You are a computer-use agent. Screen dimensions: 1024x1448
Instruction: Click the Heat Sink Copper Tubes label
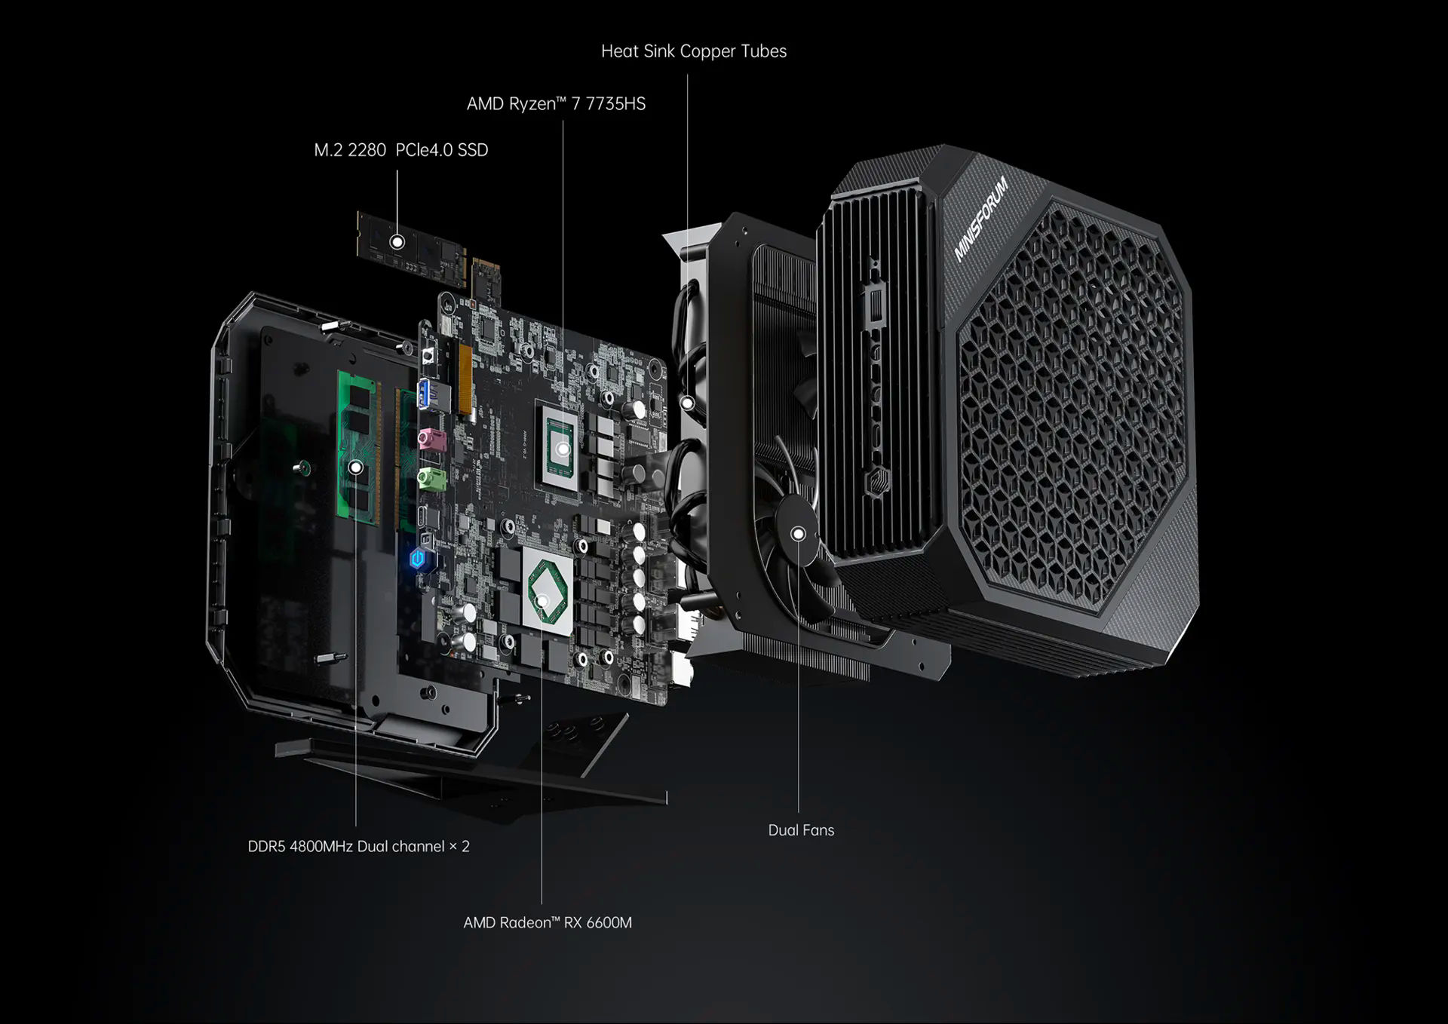click(x=693, y=51)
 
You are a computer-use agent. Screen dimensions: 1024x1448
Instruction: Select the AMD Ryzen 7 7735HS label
click(x=556, y=104)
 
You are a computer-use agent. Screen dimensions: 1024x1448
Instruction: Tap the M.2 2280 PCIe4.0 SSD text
click(x=400, y=150)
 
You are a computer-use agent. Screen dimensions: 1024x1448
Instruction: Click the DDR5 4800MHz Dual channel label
click(x=358, y=846)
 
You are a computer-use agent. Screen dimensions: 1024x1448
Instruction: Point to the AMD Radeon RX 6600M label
click(x=548, y=922)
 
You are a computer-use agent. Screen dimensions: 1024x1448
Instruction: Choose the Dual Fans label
click(x=801, y=830)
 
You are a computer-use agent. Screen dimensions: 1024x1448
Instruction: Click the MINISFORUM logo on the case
click(x=980, y=219)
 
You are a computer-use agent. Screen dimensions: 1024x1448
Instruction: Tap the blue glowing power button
click(x=417, y=559)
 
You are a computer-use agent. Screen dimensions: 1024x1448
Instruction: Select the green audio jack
click(x=430, y=478)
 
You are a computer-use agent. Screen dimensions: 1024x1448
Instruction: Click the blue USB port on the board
click(x=424, y=394)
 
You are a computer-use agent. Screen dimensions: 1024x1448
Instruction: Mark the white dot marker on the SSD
click(x=397, y=242)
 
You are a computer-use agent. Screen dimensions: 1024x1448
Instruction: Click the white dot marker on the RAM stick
click(x=356, y=468)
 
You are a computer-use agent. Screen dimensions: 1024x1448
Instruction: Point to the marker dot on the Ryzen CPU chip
click(x=563, y=449)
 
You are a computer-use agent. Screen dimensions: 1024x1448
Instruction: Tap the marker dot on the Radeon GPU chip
click(x=542, y=601)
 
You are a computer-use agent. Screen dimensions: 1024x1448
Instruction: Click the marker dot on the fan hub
click(x=798, y=534)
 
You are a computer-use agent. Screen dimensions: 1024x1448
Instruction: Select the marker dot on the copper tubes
click(x=687, y=403)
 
